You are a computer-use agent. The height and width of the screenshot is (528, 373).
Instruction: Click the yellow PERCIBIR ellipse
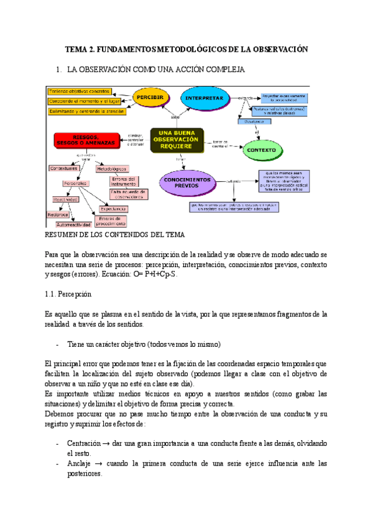150,98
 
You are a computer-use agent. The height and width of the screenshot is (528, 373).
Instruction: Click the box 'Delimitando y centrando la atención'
86,111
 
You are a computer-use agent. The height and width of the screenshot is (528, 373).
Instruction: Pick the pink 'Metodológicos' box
112,169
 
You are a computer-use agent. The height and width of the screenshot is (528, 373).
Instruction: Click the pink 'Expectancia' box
112,209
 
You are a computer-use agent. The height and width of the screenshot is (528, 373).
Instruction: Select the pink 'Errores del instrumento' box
126,181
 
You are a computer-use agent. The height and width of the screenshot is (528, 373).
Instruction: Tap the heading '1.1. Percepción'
68,293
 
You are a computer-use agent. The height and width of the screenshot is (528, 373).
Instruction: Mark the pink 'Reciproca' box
57,214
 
